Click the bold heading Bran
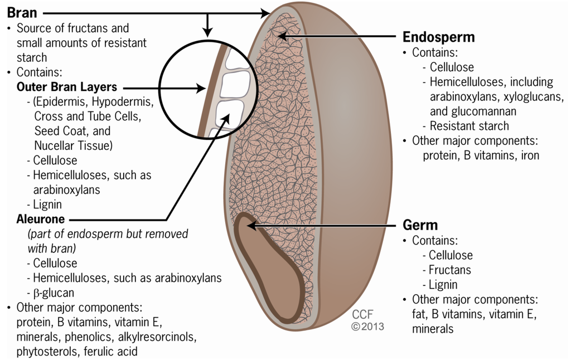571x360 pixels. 22,12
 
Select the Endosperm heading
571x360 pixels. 438,37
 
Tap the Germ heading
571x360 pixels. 420,225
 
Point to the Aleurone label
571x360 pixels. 41,219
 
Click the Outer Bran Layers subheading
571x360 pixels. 67,87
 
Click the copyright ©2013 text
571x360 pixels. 367,327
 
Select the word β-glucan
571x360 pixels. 54,292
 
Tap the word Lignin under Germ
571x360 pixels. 443,284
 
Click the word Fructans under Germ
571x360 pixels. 449,270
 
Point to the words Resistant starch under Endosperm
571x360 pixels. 469,125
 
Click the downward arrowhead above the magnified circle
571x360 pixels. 207,32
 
